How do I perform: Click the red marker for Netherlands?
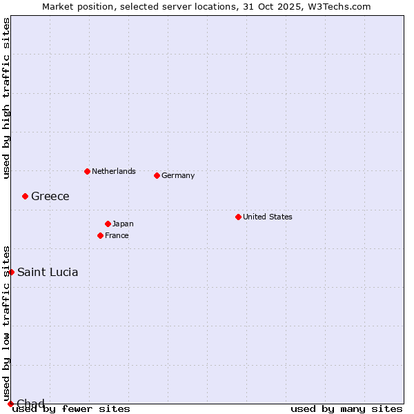(x=87, y=171)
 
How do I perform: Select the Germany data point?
(x=157, y=175)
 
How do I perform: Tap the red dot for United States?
(x=238, y=217)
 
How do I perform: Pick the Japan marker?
(x=108, y=224)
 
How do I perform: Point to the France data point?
(x=100, y=235)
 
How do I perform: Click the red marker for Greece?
(x=25, y=196)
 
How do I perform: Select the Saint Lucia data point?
(x=11, y=272)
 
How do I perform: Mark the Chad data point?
(x=10, y=404)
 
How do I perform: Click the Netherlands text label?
(x=113, y=171)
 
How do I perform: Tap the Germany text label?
(x=178, y=175)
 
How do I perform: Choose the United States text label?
(x=268, y=217)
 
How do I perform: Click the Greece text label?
(x=50, y=196)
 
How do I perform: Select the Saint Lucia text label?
(x=48, y=272)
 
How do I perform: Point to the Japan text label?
(x=123, y=224)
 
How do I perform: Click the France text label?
(x=117, y=235)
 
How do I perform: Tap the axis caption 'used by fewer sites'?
(x=71, y=408)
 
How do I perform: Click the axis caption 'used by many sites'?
(x=346, y=408)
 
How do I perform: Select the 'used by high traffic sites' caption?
(x=6, y=98)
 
